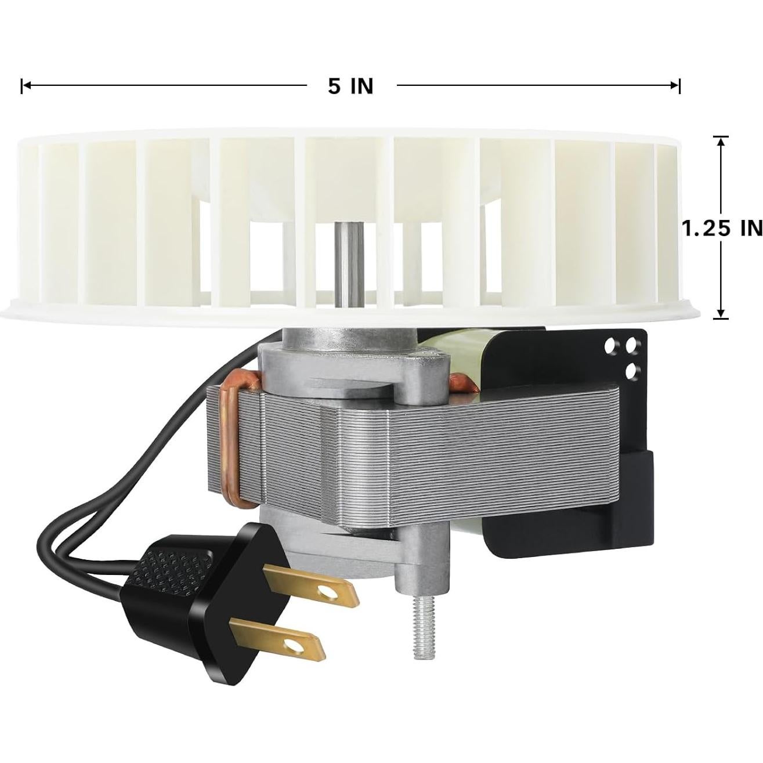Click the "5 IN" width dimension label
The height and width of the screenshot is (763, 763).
[350, 86]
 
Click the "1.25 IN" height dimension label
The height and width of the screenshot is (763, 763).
[721, 228]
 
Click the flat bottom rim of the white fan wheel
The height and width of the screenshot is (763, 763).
[116, 310]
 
